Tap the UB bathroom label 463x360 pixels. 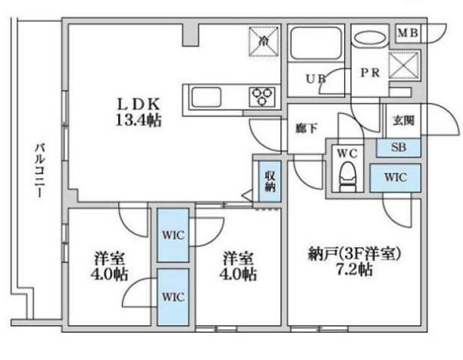[x=316, y=78]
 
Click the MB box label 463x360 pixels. [x=408, y=33]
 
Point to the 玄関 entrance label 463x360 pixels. [x=401, y=121]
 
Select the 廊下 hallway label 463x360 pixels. [x=305, y=128]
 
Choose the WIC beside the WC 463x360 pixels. [x=395, y=177]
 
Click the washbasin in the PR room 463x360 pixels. [x=370, y=38]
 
